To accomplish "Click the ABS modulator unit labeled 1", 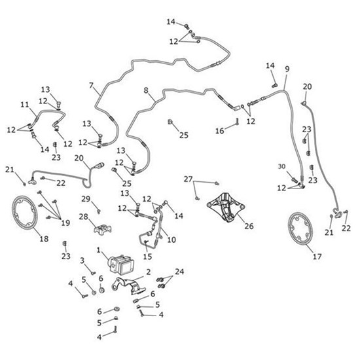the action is [121, 264].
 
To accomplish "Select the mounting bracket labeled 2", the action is [128, 286].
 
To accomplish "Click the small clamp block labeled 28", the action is [102, 228].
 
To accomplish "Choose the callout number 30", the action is [281, 166].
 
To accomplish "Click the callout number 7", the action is [92, 86].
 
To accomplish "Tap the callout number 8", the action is [146, 90].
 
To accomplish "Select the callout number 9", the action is [287, 69].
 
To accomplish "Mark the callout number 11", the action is [25, 105].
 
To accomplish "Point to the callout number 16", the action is [219, 131].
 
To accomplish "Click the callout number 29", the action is [86, 199].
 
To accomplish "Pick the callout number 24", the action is [179, 272].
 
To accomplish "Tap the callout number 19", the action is [65, 223].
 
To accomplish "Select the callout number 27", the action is [188, 179].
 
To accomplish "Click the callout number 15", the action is [147, 257].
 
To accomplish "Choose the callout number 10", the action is [171, 240].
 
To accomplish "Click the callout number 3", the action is [82, 261].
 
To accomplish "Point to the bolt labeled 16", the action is [238, 122].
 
